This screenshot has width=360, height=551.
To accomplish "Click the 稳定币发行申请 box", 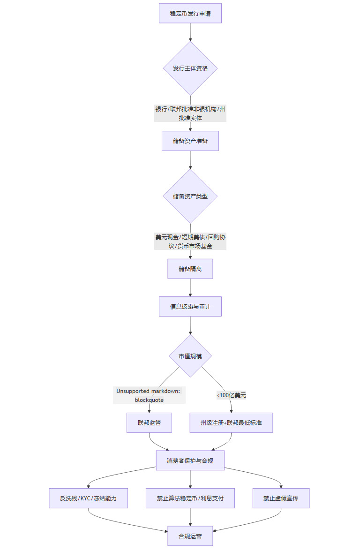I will (x=190, y=13).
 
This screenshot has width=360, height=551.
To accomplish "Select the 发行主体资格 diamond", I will (x=190, y=68).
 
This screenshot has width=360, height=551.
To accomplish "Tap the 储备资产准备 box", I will (x=190, y=141).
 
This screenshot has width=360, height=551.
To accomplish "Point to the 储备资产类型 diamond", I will (x=190, y=196).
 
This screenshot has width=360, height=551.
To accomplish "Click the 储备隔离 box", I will (x=190, y=269).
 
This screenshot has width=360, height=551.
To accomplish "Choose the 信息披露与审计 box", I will (x=190, y=307).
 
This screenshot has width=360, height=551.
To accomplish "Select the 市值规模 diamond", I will (x=190, y=356).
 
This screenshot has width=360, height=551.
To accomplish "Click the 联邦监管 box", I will (x=149, y=423).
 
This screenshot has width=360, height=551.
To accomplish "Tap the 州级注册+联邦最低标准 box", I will (x=231, y=423).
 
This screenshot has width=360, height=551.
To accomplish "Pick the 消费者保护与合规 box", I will (x=190, y=460).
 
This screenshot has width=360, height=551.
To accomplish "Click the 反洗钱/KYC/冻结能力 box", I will (x=88, y=498).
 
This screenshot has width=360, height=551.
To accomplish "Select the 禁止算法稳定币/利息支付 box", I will (x=190, y=498).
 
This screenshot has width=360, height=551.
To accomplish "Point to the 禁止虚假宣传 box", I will (x=281, y=498).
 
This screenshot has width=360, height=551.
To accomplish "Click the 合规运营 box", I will (x=190, y=536).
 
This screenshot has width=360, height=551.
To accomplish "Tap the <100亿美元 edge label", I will (x=231, y=395).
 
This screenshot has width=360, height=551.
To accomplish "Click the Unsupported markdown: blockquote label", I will (x=149, y=395).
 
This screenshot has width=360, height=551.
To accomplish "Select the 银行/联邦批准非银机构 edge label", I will (x=190, y=113).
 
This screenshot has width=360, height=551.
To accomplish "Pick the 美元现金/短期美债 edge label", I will (x=190, y=242).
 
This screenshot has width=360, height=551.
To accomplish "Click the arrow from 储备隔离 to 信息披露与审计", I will (x=190, y=287).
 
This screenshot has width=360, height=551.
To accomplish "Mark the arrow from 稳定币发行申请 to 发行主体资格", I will (x=190, y=32).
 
